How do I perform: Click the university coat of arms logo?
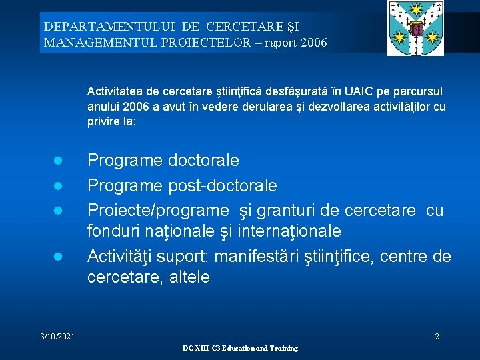(416, 28)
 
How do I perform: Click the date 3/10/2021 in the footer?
(57, 337)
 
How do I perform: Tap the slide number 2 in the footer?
(437, 337)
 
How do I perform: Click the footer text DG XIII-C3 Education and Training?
(240, 349)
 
